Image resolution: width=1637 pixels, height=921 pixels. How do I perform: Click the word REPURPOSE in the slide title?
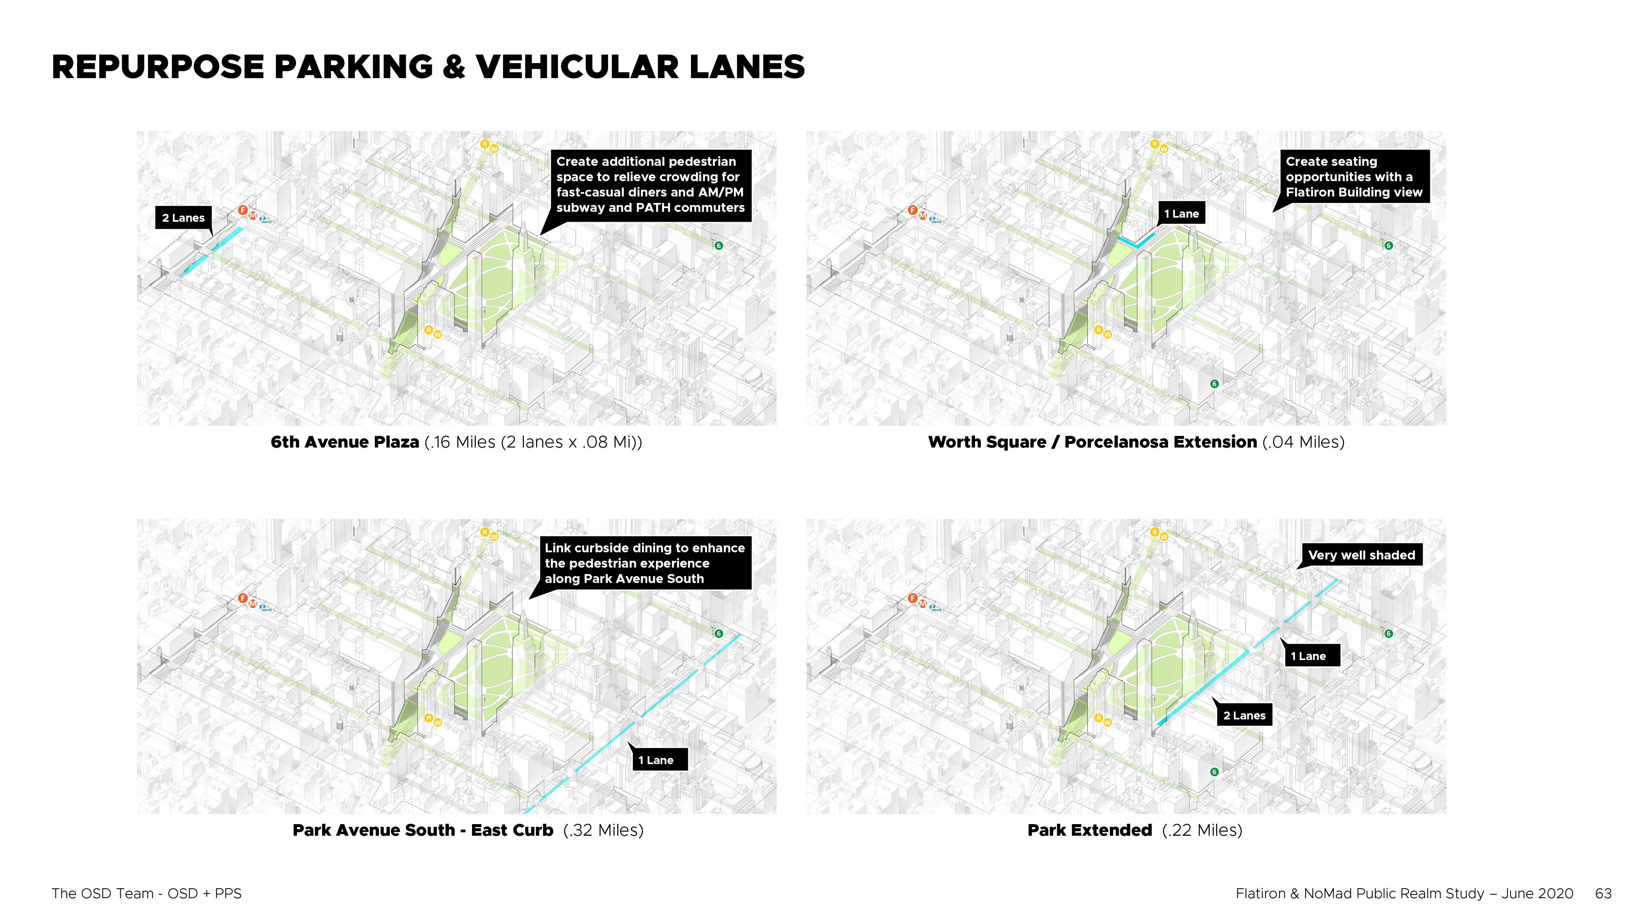158,68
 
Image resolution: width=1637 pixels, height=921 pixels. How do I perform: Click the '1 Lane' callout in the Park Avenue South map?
656,760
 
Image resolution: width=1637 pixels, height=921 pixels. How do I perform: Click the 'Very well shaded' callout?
1361,555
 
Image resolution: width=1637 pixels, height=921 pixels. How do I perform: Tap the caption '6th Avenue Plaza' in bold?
344,442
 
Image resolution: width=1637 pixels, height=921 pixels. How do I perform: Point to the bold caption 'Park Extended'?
1089,830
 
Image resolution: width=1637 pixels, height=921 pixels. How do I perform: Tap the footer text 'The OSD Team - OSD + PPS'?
147,894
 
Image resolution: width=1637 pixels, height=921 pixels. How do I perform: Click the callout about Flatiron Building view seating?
1354,177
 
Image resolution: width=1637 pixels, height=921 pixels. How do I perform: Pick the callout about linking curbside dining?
644,563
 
